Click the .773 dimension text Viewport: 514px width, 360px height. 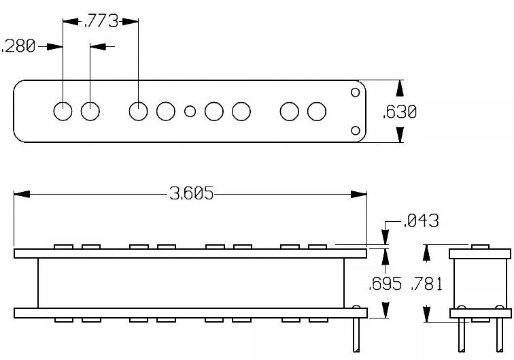[101, 21]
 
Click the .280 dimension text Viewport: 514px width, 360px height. [18, 46]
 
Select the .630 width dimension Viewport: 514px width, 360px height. [399, 112]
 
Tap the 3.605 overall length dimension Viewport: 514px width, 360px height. [192, 193]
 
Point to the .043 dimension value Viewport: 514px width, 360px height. [421, 220]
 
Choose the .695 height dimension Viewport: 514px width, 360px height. [385, 284]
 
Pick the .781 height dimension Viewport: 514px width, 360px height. [426, 284]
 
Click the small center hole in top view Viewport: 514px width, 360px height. [190, 111]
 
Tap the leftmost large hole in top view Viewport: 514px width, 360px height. [63, 111]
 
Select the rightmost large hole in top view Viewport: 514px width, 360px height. [317, 111]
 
